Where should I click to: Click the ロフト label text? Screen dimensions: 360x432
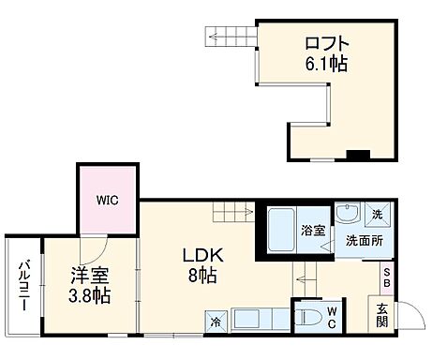point(326,43)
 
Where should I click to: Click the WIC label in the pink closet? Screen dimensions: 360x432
point(106,200)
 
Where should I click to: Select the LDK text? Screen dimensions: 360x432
point(201,255)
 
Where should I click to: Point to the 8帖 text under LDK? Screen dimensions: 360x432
point(202,276)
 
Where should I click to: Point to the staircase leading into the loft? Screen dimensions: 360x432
point(231,37)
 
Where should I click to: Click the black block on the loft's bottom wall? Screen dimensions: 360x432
point(357,154)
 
